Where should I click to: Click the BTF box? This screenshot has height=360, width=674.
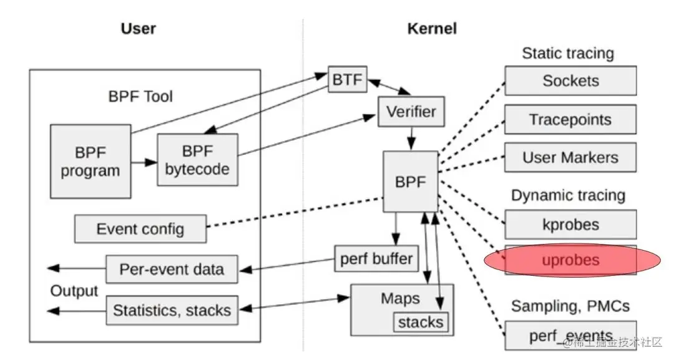348,79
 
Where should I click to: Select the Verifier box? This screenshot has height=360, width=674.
411,112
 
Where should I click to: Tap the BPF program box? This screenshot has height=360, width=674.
90,162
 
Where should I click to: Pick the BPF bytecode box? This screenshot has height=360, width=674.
197,160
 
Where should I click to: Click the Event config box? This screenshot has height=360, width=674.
140,229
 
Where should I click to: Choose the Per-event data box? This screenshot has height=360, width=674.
172,270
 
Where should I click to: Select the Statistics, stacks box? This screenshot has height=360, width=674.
172,310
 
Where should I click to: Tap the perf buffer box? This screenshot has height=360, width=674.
376,259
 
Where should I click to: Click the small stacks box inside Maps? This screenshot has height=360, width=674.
421,322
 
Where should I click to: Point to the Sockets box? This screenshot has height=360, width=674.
570,80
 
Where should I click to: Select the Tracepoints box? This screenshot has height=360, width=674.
570,119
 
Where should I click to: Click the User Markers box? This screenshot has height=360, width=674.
570,157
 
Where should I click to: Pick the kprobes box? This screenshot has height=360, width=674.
570,224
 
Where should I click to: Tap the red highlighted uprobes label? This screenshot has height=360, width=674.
570,260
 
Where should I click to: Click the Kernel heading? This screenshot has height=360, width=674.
432,29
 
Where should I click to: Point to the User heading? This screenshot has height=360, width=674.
138,29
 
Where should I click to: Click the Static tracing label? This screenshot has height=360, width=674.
568,53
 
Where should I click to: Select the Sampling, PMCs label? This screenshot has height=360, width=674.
570,306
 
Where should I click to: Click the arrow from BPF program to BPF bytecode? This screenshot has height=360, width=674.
144,162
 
